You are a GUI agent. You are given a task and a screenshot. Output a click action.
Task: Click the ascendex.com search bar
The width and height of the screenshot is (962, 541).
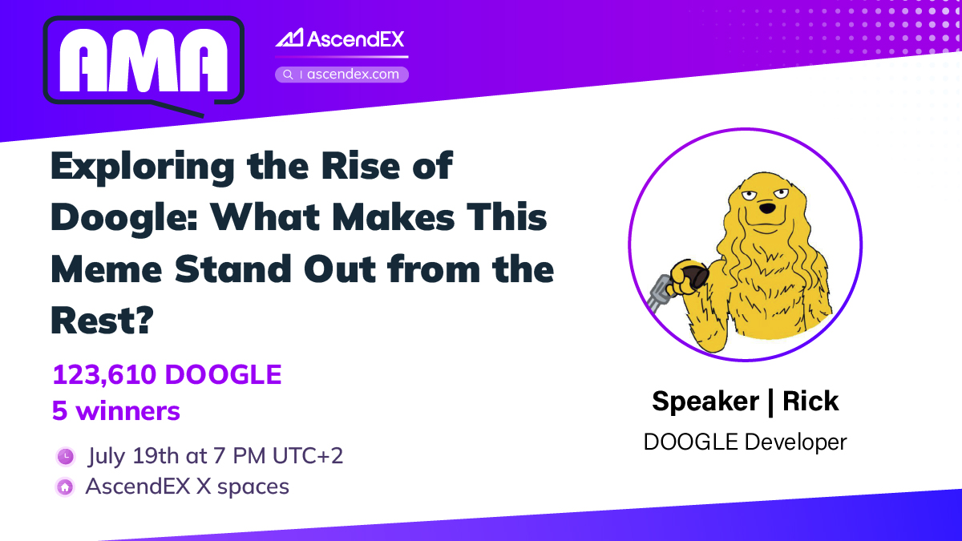coord(342,75)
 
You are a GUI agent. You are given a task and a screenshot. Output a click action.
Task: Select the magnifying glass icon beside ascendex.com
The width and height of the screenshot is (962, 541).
coord(288,75)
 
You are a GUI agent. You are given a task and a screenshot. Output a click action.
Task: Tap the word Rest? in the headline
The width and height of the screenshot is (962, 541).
coord(102,320)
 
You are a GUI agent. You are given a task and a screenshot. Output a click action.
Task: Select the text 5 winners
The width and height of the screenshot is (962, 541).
coord(116,411)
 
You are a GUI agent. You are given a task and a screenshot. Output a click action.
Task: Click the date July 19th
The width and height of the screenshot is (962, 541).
coord(134,456)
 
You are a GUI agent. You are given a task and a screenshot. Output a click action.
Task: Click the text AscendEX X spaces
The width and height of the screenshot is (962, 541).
coord(187,486)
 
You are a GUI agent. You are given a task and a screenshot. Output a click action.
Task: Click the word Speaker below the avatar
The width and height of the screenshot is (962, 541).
coord(703,400)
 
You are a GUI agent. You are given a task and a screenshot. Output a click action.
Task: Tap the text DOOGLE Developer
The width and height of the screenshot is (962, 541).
coord(745,441)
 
